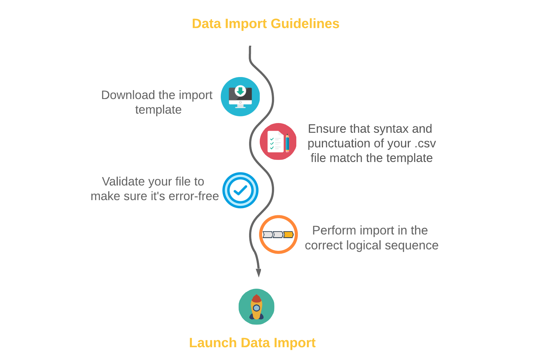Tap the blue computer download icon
tap(240, 97)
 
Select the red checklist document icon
tap(278, 141)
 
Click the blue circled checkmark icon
tap(241, 190)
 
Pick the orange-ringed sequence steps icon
tap(278, 234)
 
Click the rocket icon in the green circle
tap(256, 307)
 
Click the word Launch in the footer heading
tap(213, 343)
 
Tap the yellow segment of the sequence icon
tap(288, 234)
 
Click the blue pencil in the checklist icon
tap(287, 143)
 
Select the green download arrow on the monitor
tap(241, 91)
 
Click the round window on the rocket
tap(256, 308)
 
